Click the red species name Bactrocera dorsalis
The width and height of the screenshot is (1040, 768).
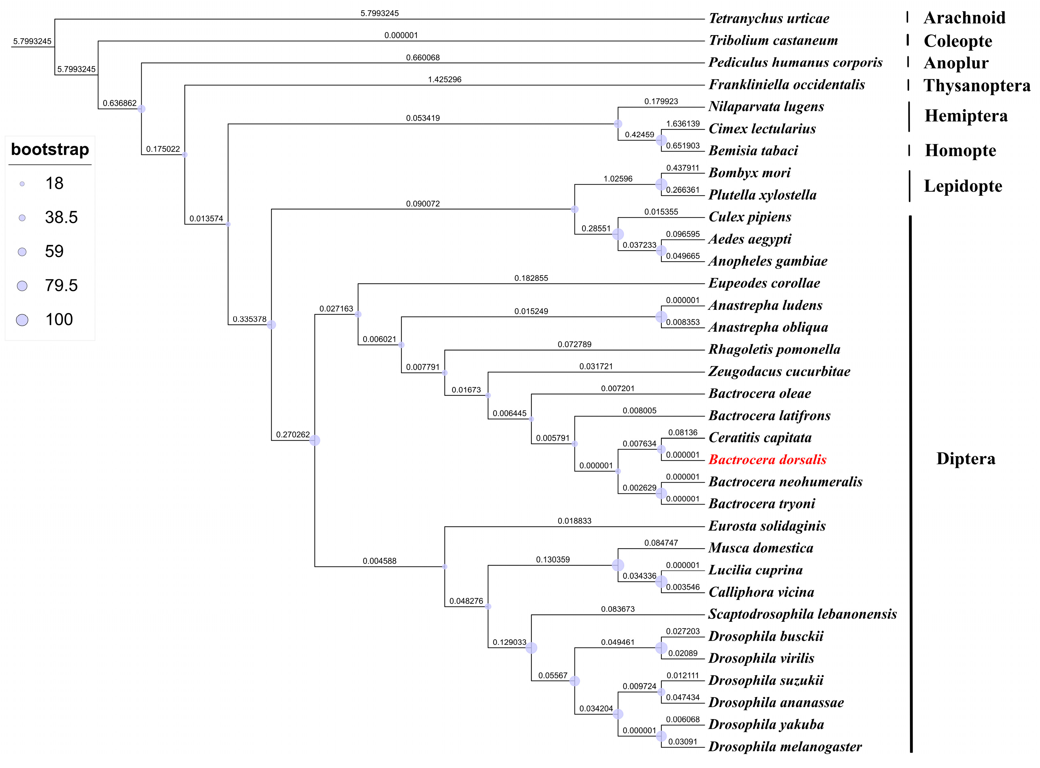767,460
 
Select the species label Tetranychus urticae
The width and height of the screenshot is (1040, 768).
769,19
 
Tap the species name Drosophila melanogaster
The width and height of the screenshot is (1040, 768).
785,747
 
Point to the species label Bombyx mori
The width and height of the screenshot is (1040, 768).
749,173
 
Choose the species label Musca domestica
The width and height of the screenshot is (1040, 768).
761,548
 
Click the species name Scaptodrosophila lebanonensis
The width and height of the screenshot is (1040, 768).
802,614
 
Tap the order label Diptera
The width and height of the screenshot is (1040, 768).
966,459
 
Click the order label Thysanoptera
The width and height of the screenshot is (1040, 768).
977,86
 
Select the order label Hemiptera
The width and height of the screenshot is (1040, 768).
966,116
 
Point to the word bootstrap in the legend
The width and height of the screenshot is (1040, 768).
50,150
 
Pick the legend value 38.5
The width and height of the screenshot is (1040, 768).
61,217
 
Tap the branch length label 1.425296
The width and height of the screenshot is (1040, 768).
444,80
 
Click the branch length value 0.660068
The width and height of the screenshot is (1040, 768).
423,58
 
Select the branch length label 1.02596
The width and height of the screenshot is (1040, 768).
618,179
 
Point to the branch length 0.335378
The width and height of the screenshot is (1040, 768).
249,319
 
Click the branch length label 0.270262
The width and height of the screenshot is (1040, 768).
293,435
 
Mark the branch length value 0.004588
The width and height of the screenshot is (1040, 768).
380,561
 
